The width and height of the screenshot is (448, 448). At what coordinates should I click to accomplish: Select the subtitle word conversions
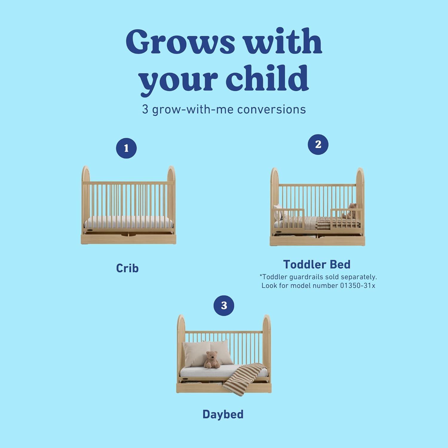tap(271, 110)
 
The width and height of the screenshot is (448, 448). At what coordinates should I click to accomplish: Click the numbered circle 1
tap(126, 148)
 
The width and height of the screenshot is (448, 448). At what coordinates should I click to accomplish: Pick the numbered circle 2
tap(318, 145)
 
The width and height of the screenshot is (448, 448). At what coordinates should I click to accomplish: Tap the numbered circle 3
tap(224, 305)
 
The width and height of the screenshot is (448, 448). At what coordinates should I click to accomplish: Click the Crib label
tap(127, 268)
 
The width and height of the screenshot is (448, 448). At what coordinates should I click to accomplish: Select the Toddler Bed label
tap(317, 264)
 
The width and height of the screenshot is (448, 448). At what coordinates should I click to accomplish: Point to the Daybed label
tap(223, 414)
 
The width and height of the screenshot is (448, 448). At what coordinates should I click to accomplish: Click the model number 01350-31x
tap(358, 286)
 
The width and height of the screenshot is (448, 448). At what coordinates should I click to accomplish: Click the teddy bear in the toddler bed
tap(352, 211)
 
